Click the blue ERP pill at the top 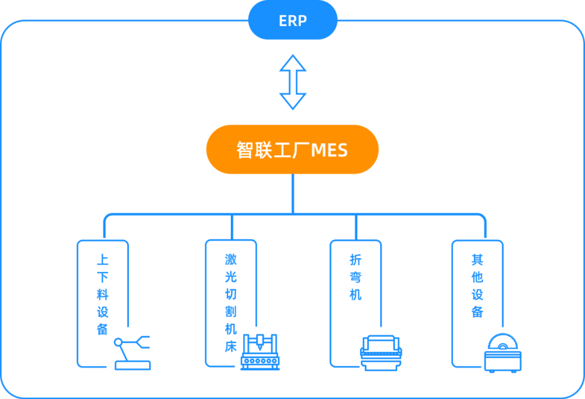[293, 20]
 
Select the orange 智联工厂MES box [292, 149]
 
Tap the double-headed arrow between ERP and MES [293, 82]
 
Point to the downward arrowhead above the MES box [293, 101]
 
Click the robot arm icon [133, 353]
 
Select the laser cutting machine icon [260, 352]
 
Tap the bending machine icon [381, 353]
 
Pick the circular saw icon [503, 353]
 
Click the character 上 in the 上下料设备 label [102, 259]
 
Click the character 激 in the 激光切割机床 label [231, 259]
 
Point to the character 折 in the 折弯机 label [355, 259]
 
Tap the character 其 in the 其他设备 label [478, 259]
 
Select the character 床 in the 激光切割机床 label [231, 347]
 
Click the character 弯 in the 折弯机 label [355, 277]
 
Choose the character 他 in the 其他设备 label [478, 277]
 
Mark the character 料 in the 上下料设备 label [102, 295]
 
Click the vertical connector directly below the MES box [293, 194]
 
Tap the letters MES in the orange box [329, 151]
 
